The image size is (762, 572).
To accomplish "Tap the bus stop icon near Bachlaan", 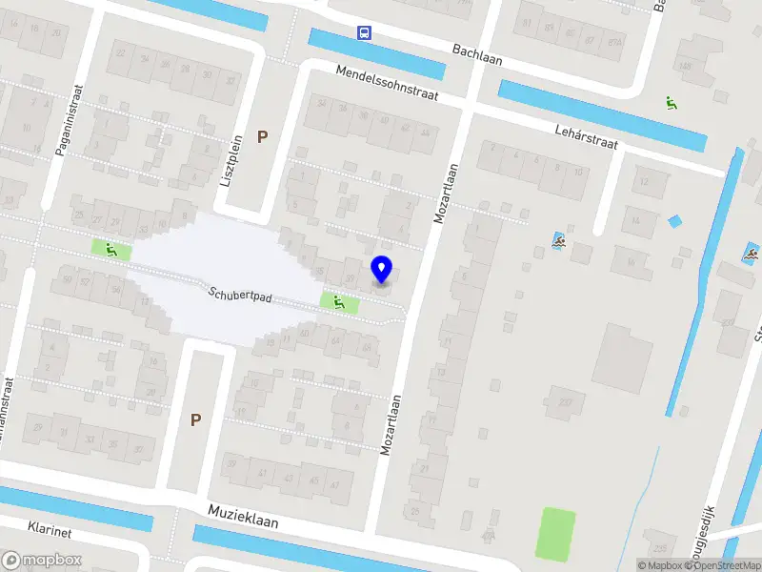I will [364, 32].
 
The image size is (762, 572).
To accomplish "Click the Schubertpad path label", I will [240, 296].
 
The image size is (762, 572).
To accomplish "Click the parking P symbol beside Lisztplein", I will [262, 137].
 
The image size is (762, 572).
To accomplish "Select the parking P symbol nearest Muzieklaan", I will [195, 419].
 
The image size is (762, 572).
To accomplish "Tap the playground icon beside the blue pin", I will [338, 303].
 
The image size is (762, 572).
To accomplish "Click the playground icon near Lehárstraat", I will [672, 103].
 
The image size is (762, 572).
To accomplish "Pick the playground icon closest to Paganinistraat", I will [110, 250].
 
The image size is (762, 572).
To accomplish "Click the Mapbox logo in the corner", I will [42, 561].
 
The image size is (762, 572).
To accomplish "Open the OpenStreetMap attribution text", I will [722, 565].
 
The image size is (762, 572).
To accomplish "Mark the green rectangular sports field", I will [556, 534].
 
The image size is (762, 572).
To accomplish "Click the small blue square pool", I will [675, 222].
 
